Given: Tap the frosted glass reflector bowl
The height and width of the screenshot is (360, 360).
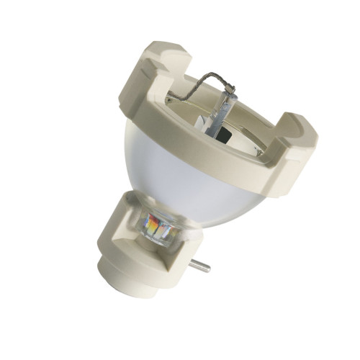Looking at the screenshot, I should [x=180, y=173].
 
